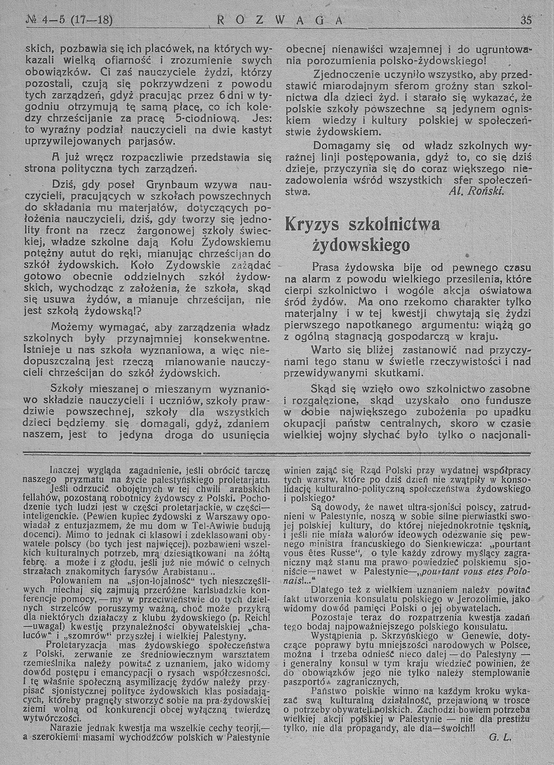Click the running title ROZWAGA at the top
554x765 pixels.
tap(280, 21)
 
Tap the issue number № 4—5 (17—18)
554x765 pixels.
tap(69, 21)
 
